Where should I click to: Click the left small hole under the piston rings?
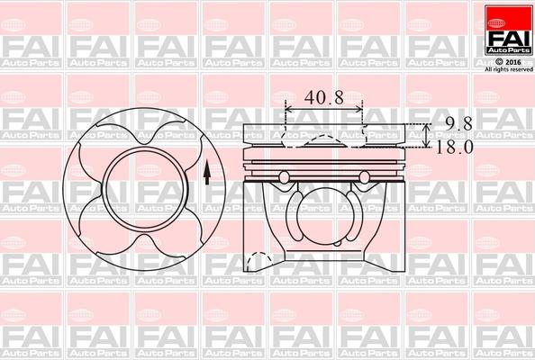pos(286,175)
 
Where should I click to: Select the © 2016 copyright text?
pos(509,61)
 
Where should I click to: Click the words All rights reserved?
pos(509,69)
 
